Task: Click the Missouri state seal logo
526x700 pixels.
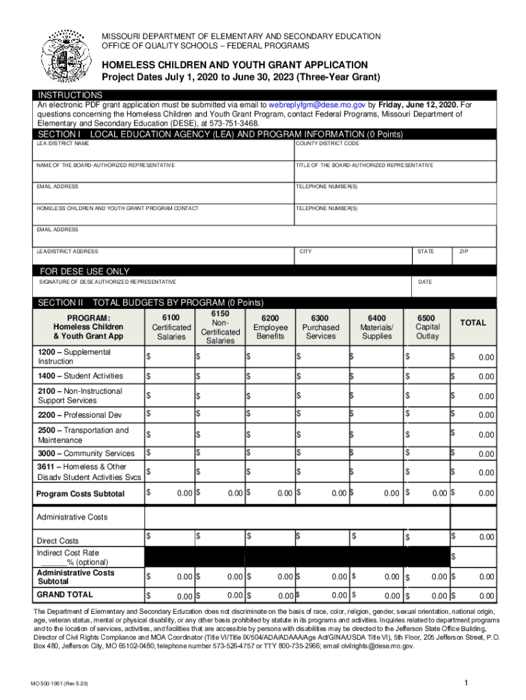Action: [66, 56]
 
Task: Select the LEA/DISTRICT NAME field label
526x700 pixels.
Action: [63, 144]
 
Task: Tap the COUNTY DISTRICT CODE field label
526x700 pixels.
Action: [327, 144]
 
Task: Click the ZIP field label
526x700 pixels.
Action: [463, 252]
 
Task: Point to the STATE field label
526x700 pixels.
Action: [425, 252]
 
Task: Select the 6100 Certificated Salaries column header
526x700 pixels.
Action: [171, 327]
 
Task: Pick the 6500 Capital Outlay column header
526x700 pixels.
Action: [427, 327]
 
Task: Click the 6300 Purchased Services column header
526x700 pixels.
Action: [320, 327]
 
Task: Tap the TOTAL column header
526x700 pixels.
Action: [473, 323]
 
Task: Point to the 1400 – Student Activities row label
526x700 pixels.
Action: [80, 376]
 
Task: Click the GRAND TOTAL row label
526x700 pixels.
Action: [65, 595]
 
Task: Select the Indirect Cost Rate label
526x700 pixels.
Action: [68, 552]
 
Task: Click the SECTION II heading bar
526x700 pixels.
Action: [150, 302]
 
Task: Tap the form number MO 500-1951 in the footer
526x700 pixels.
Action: [64, 684]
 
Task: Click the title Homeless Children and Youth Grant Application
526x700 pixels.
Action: [235, 64]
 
